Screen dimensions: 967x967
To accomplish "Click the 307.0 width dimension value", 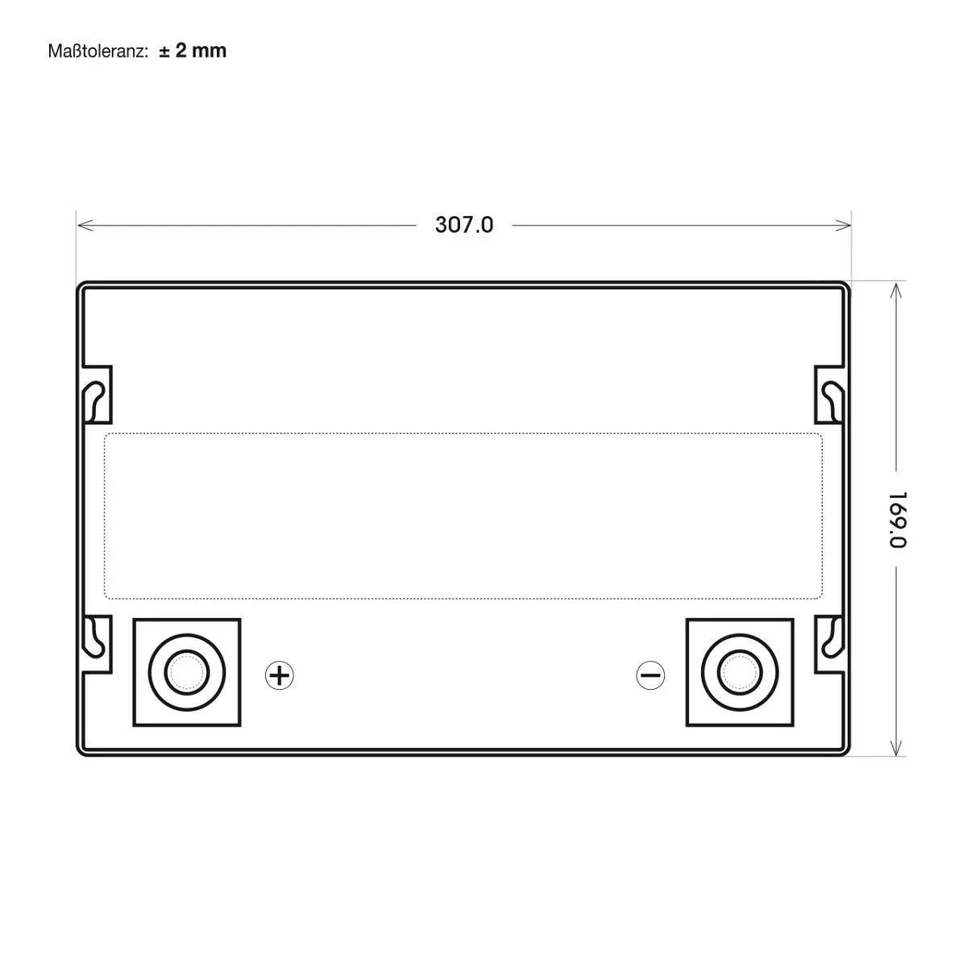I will click(x=463, y=225).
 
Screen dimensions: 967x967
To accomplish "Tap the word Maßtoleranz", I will click(x=97, y=52).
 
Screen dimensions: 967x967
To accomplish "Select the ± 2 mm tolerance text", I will click(x=193, y=51).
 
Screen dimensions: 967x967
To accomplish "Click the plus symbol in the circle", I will click(x=279, y=675).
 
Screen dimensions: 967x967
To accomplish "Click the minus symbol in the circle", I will click(x=650, y=675).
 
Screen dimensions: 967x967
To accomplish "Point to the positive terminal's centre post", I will click(x=186, y=671).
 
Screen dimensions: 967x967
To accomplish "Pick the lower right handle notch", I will click(x=830, y=643).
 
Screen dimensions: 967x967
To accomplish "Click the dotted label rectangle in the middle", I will click(x=463, y=516).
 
